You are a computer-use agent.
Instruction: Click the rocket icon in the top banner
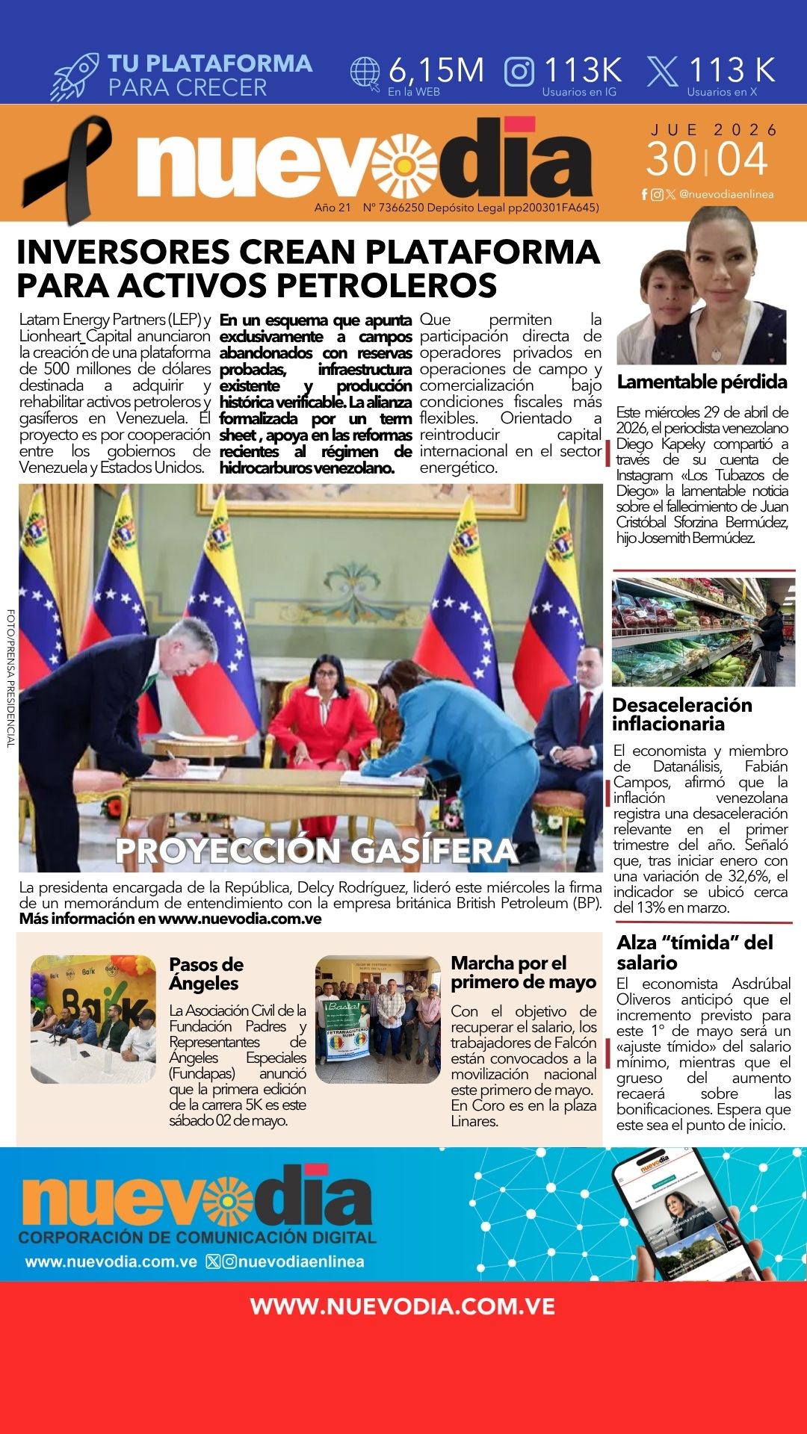point(75,76)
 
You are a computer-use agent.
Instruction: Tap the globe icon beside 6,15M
point(365,73)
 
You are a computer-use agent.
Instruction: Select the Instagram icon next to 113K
point(519,72)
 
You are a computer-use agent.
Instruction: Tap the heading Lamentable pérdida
point(702,382)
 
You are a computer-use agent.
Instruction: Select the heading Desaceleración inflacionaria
point(681,714)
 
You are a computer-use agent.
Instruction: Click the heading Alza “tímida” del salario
point(694,952)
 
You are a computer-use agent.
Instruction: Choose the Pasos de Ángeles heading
point(205,973)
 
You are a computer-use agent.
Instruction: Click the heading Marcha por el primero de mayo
point(523,972)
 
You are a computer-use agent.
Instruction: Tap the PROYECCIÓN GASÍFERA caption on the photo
point(317,851)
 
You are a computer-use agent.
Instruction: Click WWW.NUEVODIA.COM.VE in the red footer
point(403,1306)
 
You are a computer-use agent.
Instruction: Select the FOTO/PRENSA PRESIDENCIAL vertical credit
point(10,678)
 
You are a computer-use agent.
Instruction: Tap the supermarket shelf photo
point(703,632)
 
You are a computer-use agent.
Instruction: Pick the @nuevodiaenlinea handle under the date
point(726,194)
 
